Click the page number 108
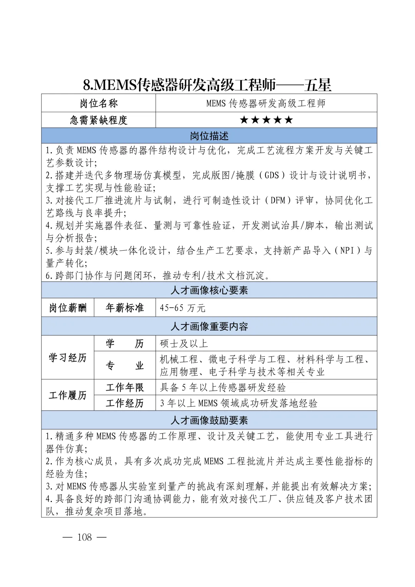tap(85, 537)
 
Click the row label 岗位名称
tap(99, 103)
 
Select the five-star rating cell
tap(266, 120)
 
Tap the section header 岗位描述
tap(209, 136)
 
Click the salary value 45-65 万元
tap(183, 308)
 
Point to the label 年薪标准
tap(124, 308)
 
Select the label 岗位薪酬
tap(68, 308)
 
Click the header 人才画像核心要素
tap(209, 290)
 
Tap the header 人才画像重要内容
tap(209, 326)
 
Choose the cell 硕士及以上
tap(184, 343)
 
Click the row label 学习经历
tap(68, 358)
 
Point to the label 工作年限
tap(124, 387)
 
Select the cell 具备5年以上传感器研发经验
tap(223, 387)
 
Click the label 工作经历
tap(124, 403)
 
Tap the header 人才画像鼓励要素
tap(209, 420)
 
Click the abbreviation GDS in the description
tap(272, 176)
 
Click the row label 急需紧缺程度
tap(99, 120)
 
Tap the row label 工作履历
tap(68, 395)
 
